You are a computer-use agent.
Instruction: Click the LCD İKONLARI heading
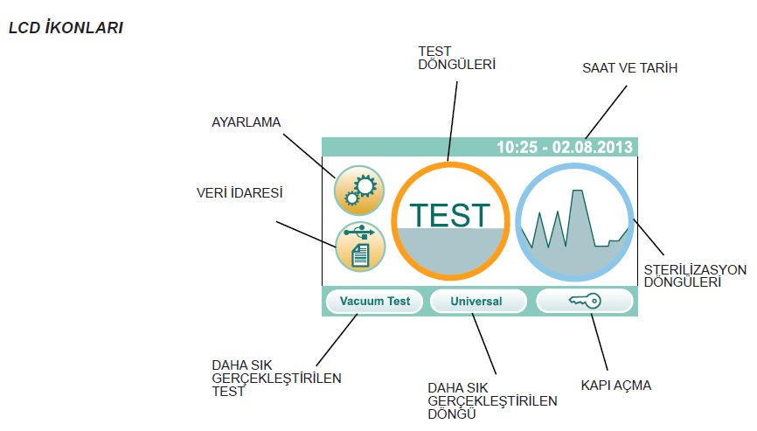(x=65, y=28)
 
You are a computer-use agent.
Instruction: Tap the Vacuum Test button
(x=374, y=302)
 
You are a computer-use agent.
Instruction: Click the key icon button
(x=584, y=302)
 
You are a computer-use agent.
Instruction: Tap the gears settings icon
(x=359, y=190)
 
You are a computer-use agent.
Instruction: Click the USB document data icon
(x=359, y=246)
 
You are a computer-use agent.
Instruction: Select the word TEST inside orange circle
(x=450, y=215)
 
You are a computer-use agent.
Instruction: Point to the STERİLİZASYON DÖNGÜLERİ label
(x=695, y=275)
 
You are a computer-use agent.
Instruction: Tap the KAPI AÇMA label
(x=615, y=385)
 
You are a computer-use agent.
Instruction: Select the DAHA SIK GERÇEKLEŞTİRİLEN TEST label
(x=276, y=378)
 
